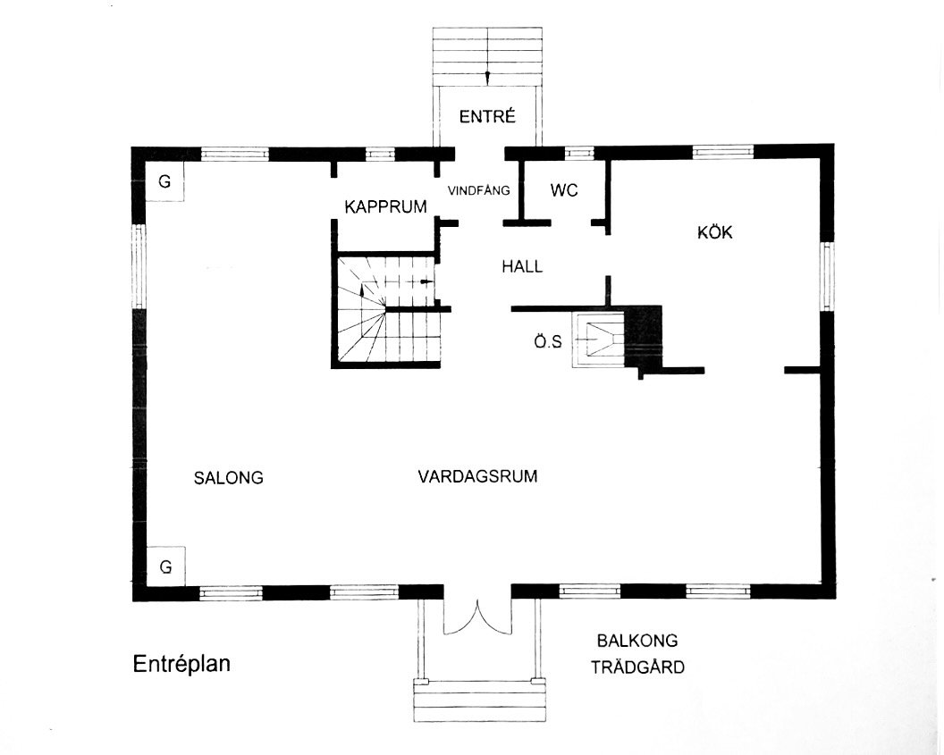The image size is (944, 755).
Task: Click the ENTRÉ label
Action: pos(487,116)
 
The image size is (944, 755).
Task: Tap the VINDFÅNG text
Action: pos(478,190)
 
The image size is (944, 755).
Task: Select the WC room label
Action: pos(564,190)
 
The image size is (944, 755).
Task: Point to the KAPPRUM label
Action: pos(385,207)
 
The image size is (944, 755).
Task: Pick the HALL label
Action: pos(523,266)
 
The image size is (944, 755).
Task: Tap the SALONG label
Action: pos(229,478)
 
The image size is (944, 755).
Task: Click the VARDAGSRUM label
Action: pos(478,476)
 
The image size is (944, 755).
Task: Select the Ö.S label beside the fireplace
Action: pos(548,341)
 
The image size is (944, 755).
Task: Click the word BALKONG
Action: pos(637,641)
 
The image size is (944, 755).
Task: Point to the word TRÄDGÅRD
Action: pos(637,667)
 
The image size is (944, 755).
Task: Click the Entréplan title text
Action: pos(181,664)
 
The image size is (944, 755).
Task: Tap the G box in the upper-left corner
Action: pos(165,180)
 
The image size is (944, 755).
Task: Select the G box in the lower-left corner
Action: pos(165,566)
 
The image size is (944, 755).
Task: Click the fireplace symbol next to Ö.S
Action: pos(599,340)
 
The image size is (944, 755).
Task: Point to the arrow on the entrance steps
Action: pos(488,79)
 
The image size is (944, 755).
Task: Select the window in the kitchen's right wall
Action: pos(828,277)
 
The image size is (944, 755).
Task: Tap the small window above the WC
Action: pos(579,153)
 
